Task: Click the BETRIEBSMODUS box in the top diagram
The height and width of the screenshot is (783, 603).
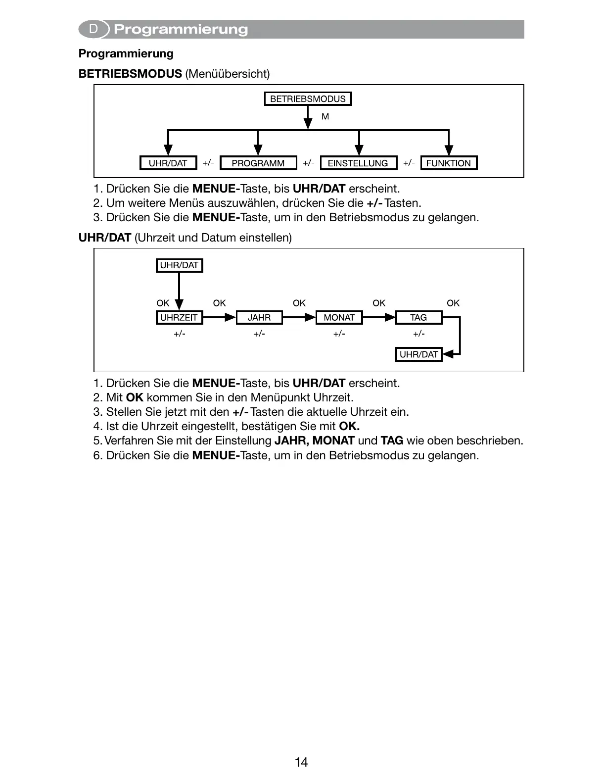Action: [x=308, y=99]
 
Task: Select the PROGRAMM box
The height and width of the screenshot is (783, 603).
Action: [x=258, y=163]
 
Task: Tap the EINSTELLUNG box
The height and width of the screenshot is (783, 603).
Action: [x=358, y=163]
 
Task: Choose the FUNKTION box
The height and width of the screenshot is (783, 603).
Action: [x=448, y=163]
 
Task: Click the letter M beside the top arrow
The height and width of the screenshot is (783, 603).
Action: [x=325, y=117]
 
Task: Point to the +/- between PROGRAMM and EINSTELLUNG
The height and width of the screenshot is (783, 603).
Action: [x=308, y=163]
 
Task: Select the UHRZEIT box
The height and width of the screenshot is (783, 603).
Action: [x=179, y=317]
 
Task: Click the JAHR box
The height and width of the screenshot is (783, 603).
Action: [x=259, y=317]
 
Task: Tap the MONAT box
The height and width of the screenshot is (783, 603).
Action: [x=339, y=317]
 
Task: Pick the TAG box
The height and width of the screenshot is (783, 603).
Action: [x=418, y=317]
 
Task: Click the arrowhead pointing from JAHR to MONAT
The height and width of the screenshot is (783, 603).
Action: [x=310, y=317]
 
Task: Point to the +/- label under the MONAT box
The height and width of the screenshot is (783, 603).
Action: [x=339, y=334]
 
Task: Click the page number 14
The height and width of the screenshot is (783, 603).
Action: [x=301, y=762]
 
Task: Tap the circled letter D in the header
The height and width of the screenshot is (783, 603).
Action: [x=93, y=29]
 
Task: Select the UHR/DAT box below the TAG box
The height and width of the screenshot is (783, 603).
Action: [x=418, y=354]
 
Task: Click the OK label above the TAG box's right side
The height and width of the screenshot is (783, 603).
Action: [x=453, y=303]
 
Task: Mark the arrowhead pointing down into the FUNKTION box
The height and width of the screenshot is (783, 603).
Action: [x=448, y=149]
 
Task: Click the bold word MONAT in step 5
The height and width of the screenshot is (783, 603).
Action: [x=334, y=440]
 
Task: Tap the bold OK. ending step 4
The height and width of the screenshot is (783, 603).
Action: [x=349, y=426]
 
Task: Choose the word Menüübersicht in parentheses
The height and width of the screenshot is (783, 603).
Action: [x=228, y=74]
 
